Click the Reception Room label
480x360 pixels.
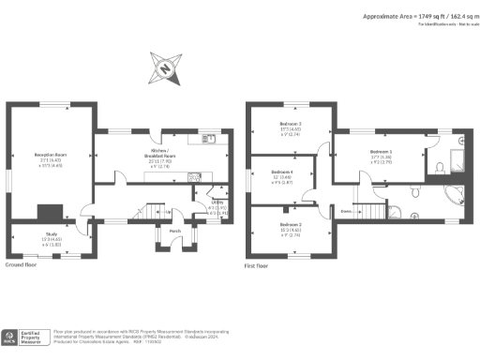coord(51,157)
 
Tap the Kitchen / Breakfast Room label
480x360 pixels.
coord(158,152)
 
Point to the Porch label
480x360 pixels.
coord(175,231)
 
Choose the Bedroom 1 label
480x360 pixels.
coord(381,152)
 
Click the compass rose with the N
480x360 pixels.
coord(165,67)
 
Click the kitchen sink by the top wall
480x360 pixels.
coord(210,139)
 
